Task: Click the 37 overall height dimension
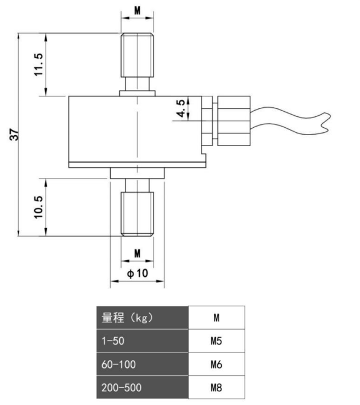pos(14,135)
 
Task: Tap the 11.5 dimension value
pos(39,64)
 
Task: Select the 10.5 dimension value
pos(39,207)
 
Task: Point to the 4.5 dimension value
pos(181,108)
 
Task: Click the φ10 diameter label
pos(137,273)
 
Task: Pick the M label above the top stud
pos(137,10)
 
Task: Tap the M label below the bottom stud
pos(137,253)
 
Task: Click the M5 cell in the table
pos(217,341)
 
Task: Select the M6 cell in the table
pos(217,364)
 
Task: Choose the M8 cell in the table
pos(217,387)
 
